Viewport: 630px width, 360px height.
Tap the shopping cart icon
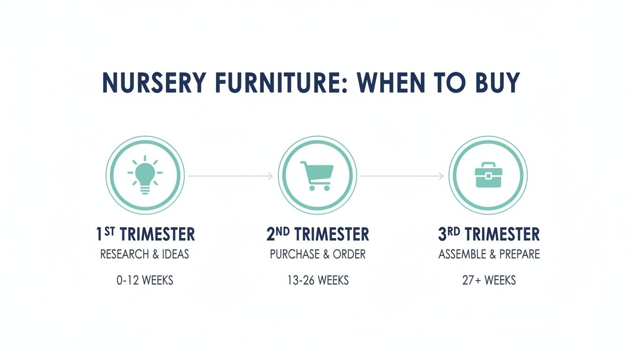click(317, 175)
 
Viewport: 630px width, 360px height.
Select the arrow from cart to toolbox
click(402, 176)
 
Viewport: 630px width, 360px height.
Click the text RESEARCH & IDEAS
click(145, 255)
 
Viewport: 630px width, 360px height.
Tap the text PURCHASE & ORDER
click(317, 255)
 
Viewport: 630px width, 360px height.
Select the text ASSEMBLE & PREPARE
click(489, 255)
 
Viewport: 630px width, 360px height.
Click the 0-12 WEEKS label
click(145, 281)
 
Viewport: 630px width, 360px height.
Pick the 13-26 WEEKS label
click(318, 281)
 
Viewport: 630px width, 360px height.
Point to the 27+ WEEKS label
click(489, 281)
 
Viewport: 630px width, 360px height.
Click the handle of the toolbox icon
click(488, 165)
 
